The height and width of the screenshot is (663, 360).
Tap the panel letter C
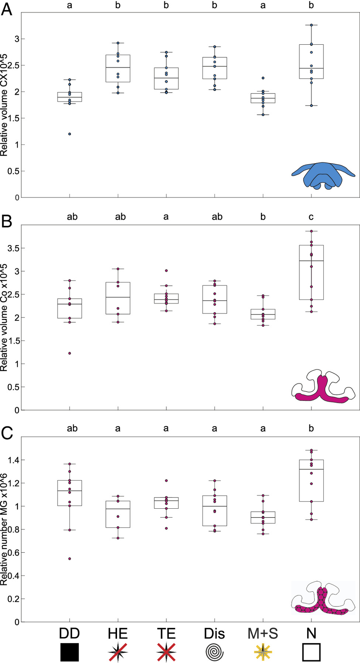coord(7,433)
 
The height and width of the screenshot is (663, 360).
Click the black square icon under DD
coord(69,652)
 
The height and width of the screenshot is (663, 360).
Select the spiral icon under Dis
coord(215,652)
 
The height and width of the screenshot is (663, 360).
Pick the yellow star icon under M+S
coord(263,652)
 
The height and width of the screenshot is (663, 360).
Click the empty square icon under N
coord(311,652)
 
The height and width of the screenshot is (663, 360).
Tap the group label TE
coord(166,633)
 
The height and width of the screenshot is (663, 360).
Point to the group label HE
coord(118,633)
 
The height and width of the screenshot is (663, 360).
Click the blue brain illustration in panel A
coord(323,176)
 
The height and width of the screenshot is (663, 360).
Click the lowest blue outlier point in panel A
coord(69,134)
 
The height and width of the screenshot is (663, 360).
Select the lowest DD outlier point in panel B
coord(69,353)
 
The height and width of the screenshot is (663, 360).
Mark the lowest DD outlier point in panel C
coord(69,559)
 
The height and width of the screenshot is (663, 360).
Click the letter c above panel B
coord(311,217)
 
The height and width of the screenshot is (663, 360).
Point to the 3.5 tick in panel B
coord(14,248)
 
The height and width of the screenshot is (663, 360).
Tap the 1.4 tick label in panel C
coord(14,460)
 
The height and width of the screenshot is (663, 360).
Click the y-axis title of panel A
coord(4,105)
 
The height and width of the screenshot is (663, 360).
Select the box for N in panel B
coord(311,272)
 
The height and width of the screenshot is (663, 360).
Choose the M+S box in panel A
coord(263,98)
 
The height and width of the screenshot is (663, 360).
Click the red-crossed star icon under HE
coord(118,652)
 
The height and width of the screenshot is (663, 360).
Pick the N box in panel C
coord(311,480)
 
